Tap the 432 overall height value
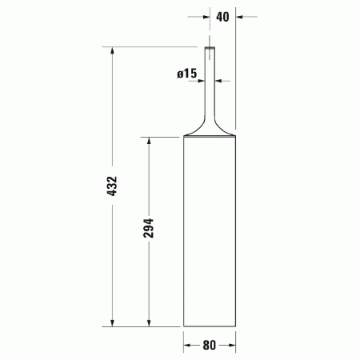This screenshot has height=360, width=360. (112, 187)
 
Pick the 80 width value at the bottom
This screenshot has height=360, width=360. (209, 346)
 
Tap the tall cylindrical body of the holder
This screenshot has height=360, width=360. (210, 232)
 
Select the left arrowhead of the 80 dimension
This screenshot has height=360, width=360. (187, 346)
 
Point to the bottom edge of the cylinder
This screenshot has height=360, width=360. (210, 326)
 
